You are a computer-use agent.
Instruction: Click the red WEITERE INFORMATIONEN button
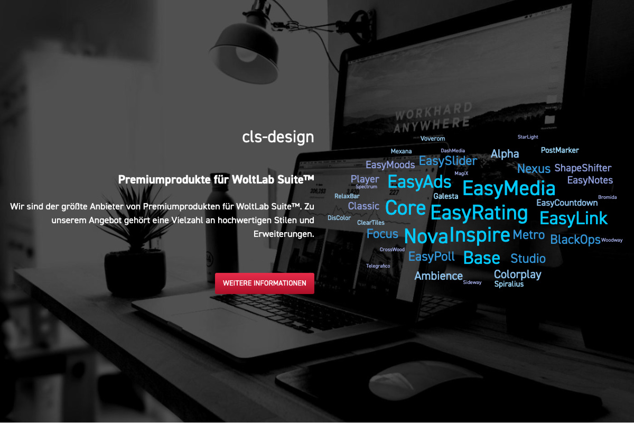click(x=264, y=283)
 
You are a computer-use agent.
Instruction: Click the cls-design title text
click(x=278, y=137)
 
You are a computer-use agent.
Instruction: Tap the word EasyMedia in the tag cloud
click(x=509, y=188)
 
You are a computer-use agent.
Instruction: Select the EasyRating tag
click(x=479, y=213)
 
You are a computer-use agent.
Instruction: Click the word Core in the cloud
click(x=405, y=208)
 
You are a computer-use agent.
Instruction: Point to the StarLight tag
click(x=528, y=137)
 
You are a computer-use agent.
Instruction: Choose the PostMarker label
click(x=560, y=150)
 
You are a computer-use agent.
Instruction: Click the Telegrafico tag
click(x=378, y=266)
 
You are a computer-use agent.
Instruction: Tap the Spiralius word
click(x=509, y=284)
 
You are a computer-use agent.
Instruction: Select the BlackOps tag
click(x=575, y=240)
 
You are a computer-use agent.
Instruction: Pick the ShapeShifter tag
click(x=583, y=168)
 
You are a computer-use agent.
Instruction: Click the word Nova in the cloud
click(x=426, y=236)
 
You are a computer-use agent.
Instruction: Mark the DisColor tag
click(x=339, y=218)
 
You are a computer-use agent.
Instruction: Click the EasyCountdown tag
click(x=566, y=203)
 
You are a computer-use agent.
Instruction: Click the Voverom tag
click(x=433, y=139)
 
